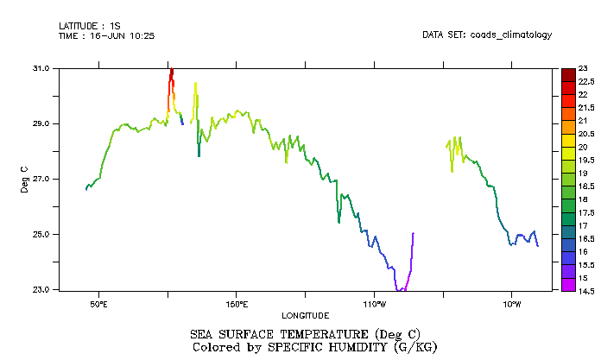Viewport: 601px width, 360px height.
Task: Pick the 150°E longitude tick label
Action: click(237, 304)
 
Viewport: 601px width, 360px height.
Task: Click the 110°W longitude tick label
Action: click(374, 304)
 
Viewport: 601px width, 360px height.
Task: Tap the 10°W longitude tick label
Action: click(512, 304)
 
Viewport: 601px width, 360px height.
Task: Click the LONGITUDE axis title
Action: click(306, 315)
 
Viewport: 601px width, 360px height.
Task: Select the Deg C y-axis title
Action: click(24, 179)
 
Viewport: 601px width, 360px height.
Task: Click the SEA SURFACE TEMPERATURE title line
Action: click(305, 334)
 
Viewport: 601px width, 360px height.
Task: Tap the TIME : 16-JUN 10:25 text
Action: click(106, 35)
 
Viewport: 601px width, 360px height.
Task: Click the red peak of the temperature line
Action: click(172, 72)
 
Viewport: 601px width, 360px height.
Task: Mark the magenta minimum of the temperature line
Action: click(401, 289)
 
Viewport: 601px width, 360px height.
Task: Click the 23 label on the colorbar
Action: click(583, 67)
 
